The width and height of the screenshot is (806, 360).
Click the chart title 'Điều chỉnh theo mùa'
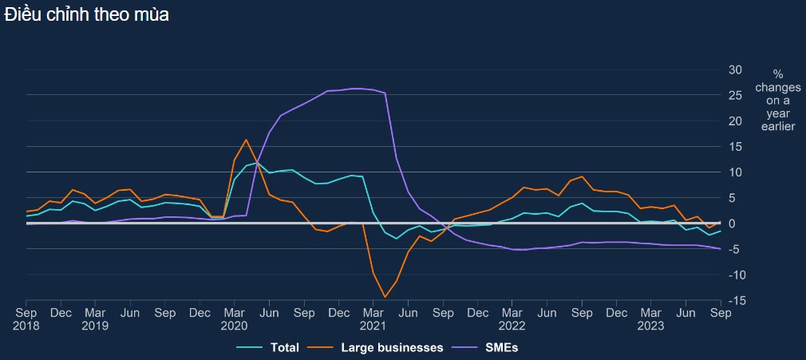coord(86,14)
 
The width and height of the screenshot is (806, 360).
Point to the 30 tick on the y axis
coord(736,69)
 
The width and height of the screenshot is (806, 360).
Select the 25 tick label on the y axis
coord(736,95)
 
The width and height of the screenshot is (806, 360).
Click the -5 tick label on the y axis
coord(737,249)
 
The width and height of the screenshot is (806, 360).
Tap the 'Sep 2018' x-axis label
coord(26,319)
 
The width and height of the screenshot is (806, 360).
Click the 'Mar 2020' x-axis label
coord(235,319)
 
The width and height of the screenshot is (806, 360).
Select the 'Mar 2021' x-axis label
coord(373,319)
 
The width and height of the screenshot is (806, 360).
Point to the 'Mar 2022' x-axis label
coord(512,319)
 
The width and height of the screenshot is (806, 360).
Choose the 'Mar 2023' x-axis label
coord(651,319)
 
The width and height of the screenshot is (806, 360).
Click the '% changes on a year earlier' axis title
coord(778,100)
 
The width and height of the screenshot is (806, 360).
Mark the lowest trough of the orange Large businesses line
coord(385,297)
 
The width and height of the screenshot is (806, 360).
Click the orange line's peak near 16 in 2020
coord(246,140)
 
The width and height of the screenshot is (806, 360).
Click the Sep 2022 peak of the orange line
coord(583,176)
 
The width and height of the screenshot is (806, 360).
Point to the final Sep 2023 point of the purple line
coord(721,249)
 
